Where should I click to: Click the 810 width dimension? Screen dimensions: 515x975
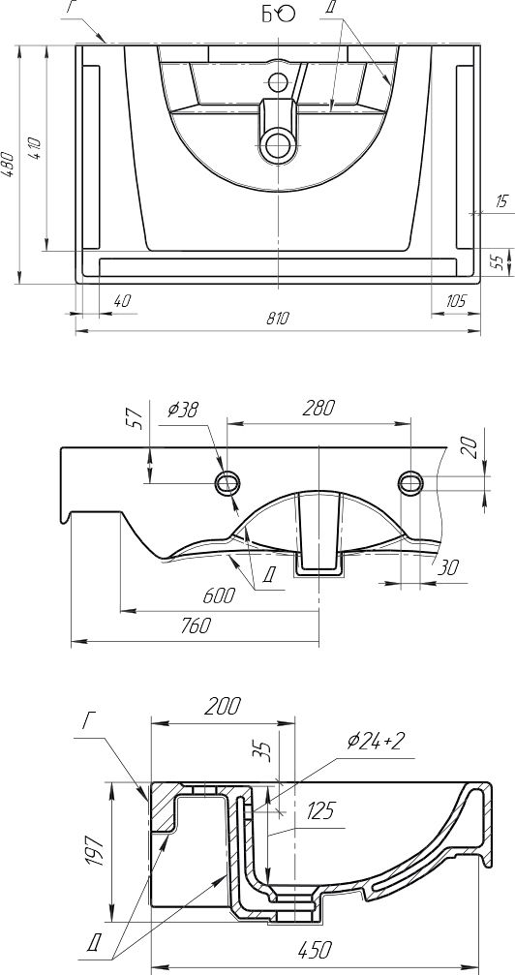[x=278, y=319]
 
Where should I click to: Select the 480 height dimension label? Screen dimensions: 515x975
[x=7, y=165]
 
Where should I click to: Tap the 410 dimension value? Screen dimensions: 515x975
[x=35, y=147]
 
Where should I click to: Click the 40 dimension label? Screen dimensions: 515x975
[x=122, y=301]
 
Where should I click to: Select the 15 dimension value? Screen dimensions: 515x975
[x=502, y=200]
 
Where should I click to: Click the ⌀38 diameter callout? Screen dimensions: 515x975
[x=184, y=410]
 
